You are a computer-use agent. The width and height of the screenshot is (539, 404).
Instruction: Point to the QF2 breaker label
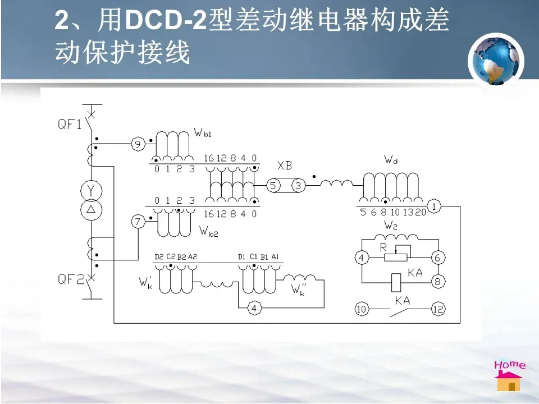71,279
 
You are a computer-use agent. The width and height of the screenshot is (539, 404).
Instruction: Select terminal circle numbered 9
138,144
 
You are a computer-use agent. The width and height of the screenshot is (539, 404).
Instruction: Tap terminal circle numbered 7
138,222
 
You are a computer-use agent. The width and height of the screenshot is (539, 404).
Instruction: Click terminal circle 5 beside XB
273,185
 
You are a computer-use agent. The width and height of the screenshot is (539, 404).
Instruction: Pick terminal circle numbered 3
298,185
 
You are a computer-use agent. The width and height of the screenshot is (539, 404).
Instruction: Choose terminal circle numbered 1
435,206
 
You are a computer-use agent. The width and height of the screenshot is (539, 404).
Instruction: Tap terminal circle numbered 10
362,309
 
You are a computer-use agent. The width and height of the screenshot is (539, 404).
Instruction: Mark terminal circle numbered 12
438,309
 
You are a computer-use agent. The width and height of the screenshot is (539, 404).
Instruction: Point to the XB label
285,166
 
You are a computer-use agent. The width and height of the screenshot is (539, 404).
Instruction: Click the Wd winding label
391,160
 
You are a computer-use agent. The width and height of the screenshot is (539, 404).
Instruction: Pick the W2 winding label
391,226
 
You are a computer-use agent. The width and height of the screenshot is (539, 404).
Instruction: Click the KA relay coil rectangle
396,281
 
